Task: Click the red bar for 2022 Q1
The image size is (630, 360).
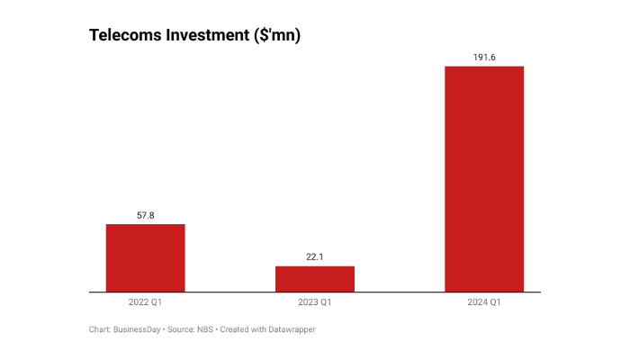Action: click(x=145, y=258)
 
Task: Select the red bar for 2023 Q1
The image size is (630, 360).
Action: click(x=315, y=279)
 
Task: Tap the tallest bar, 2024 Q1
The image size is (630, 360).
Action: click(x=484, y=179)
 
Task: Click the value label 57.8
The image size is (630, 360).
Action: click(x=145, y=216)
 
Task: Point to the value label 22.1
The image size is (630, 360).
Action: click(x=315, y=257)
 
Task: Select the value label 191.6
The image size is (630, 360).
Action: click(x=484, y=58)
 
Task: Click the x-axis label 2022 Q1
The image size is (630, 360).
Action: click(x=145, y=301)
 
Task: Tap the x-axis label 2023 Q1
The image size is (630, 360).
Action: click(x=315, y=301)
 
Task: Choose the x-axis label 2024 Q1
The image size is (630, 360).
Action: click(x=484, y=301)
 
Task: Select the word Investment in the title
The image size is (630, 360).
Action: click(x=207, y=35)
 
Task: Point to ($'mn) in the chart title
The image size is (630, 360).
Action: click(x=276, y=35)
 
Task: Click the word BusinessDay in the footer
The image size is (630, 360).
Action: click(x=136, y=329)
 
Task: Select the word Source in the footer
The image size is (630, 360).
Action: click(x=179, y=329)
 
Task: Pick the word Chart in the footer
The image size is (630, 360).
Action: click(x=99, y=329)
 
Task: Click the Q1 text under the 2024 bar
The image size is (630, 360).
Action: click(x=496, y=301)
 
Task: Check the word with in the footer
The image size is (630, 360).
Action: click(x=259, y=329)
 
